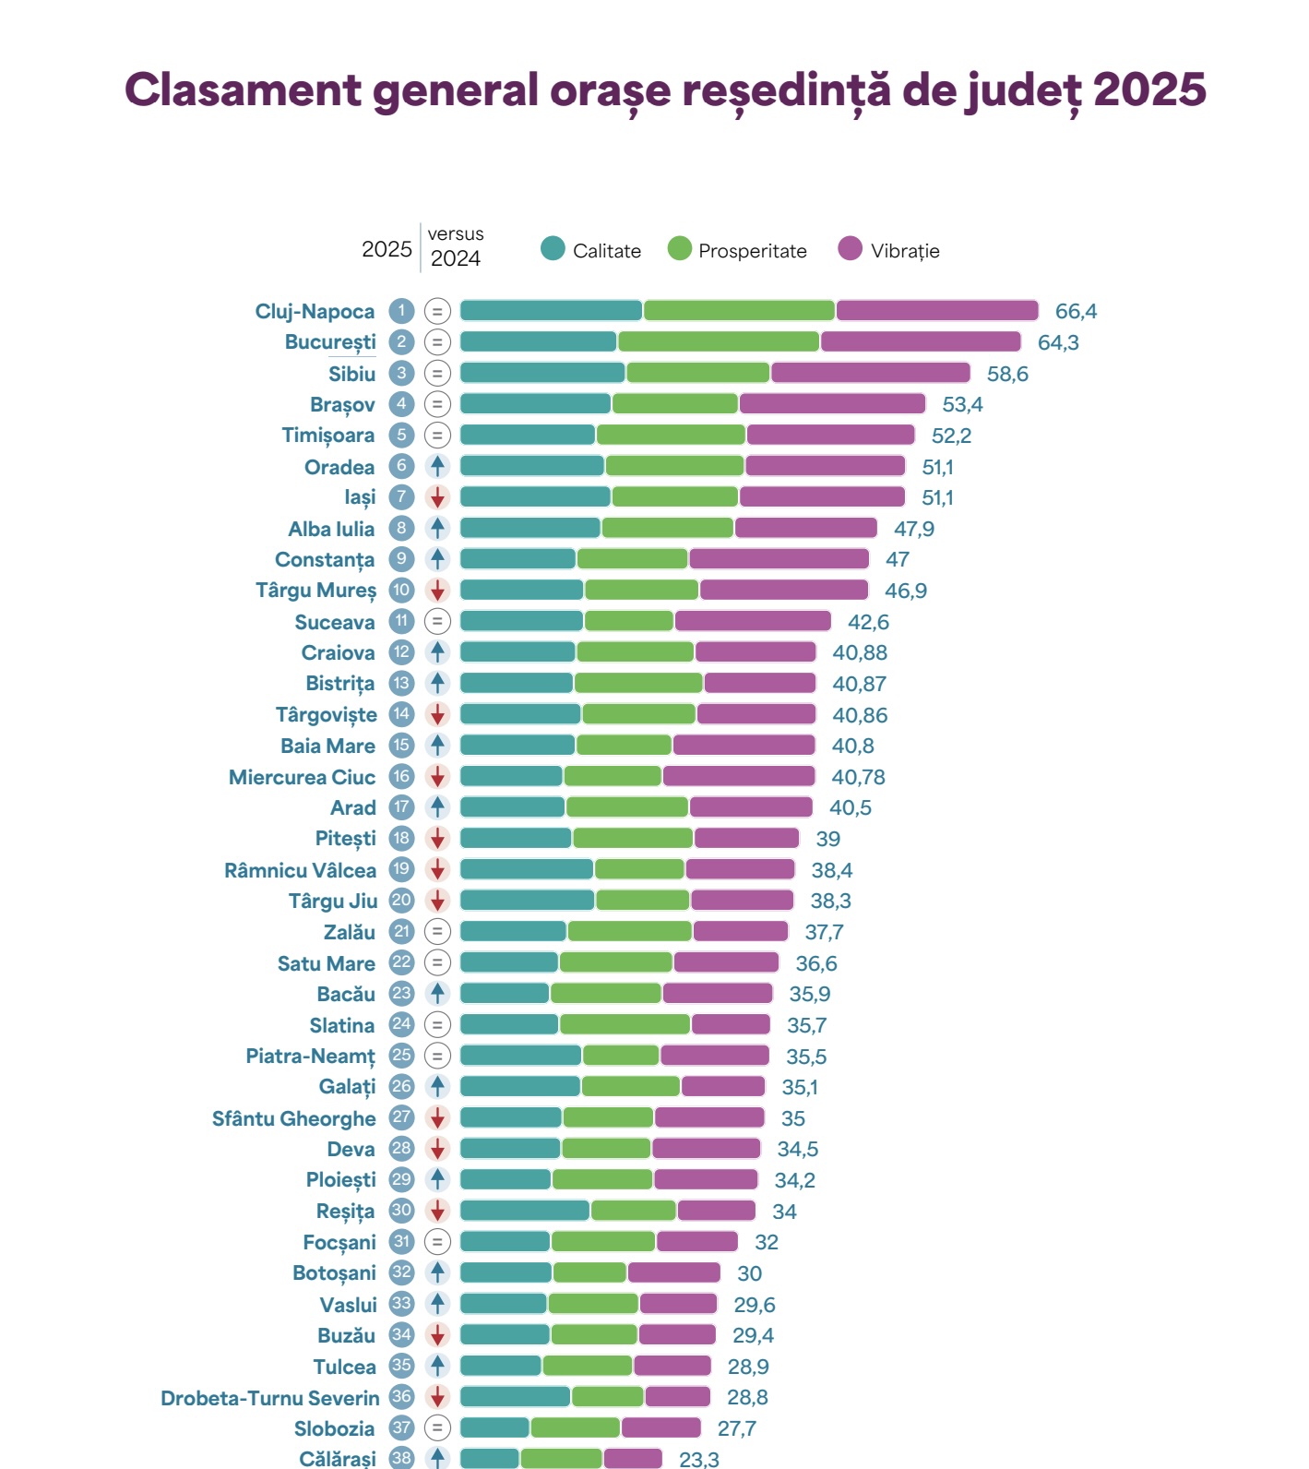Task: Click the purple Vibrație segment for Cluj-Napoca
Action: point(936,310)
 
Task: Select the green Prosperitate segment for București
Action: point(718,341)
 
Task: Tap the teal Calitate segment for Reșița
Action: point(524,1211)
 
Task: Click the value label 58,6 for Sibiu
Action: point(1007,374)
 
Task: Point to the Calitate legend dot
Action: point(553,249)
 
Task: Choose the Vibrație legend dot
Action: point(850,249)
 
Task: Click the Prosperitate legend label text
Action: point(752,251)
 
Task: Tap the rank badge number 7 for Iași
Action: point(401,497)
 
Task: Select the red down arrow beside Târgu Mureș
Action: point(438,591)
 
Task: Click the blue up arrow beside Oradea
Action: point(438,466)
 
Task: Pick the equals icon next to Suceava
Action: point(438,621)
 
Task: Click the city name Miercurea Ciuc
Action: point(302,777)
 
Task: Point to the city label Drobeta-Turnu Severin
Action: point(269,1398)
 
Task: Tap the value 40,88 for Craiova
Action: point(860,652)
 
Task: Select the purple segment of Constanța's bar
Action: point(779,559)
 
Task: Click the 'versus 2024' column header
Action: point(455,247)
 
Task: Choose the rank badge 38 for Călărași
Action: point(401,1459)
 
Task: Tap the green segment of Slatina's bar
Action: point(625,1024)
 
